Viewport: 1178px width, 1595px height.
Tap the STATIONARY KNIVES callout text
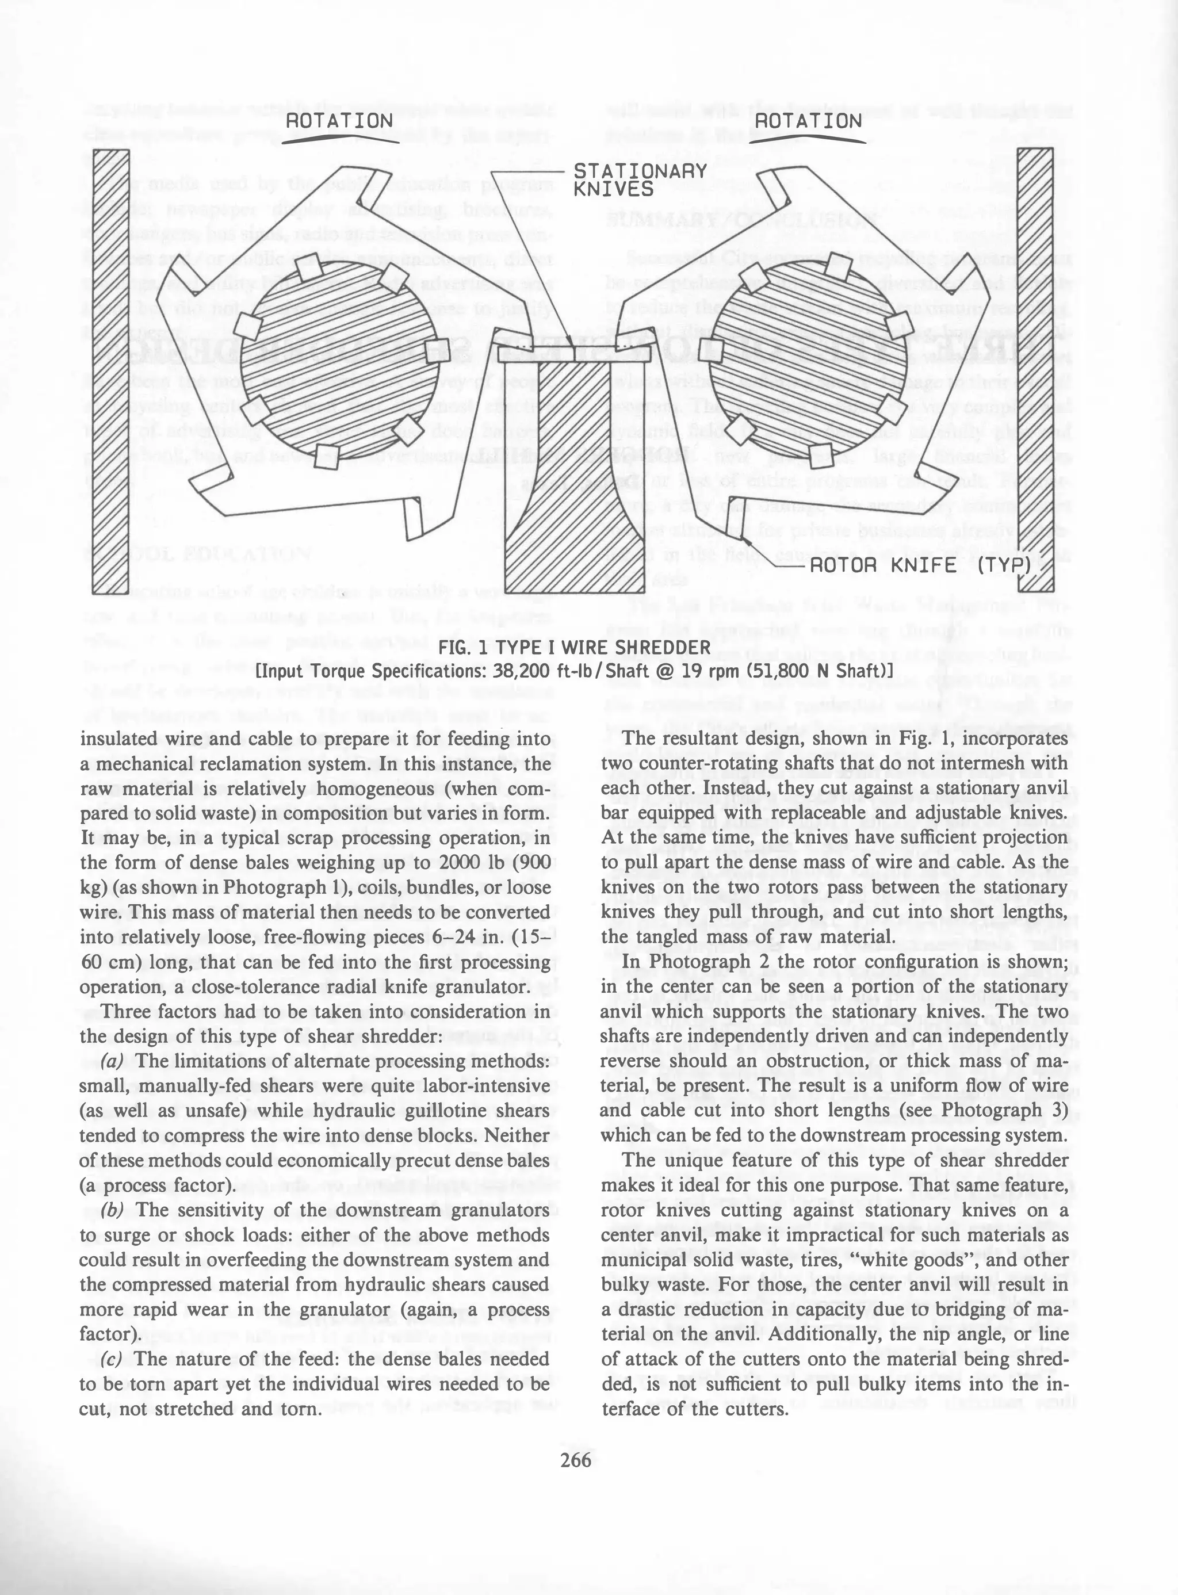[x=640, y=179]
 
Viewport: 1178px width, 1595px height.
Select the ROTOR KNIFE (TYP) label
[x=920, y=565]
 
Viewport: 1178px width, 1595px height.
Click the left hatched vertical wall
[x=110, y=371]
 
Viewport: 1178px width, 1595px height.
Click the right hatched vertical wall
[x=1035, y=371]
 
